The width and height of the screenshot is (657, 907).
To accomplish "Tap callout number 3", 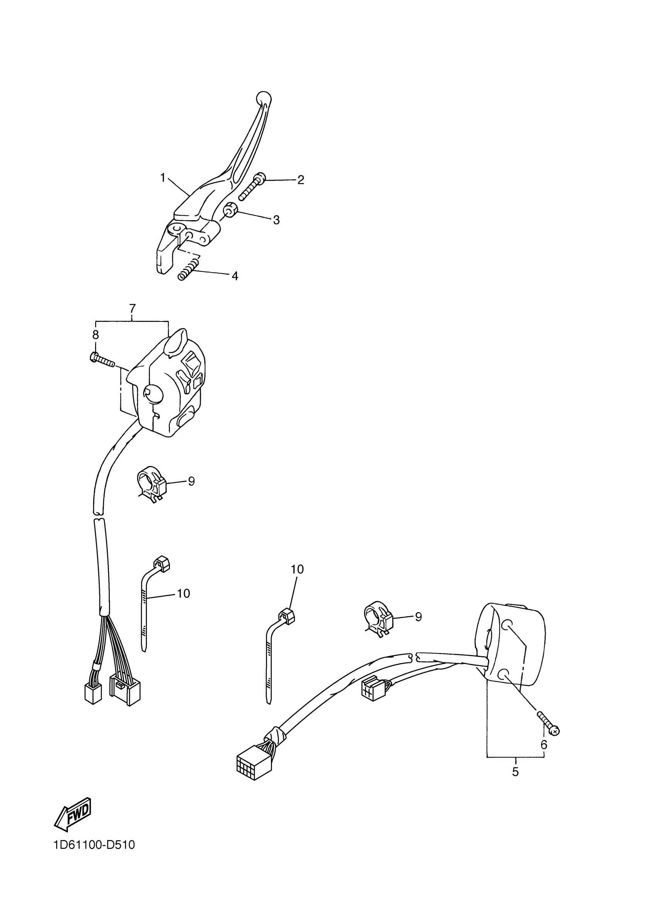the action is point(276,220).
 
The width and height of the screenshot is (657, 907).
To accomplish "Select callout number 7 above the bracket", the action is point(132,309).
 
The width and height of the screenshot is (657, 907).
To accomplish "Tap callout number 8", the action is point(95,335).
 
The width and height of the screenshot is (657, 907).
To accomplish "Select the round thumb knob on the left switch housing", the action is point(152,395).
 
